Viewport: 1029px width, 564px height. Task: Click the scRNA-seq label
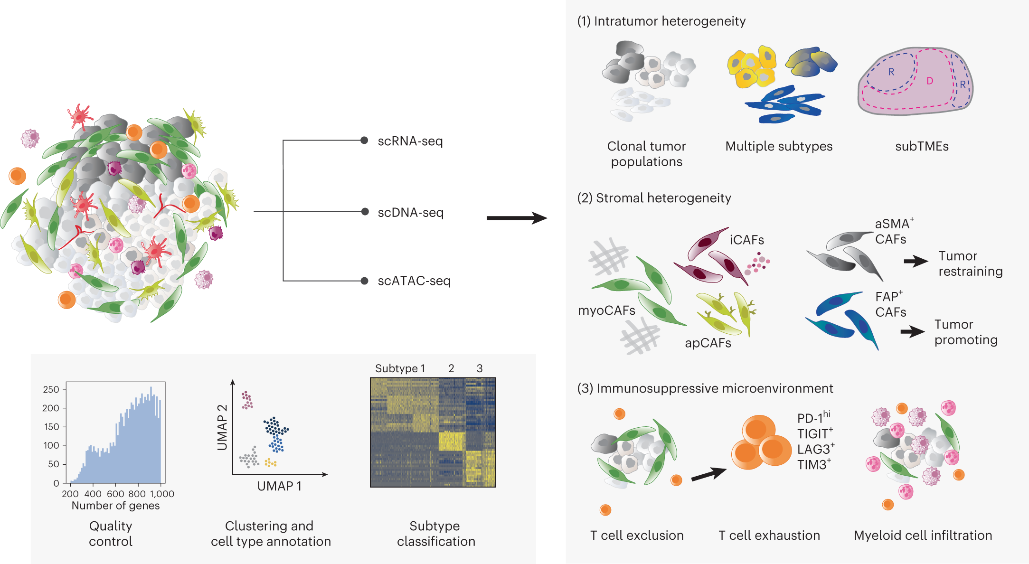410,141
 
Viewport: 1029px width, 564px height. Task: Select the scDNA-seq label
410,213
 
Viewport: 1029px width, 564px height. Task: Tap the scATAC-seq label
414,281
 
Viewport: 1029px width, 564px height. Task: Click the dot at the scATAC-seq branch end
364,281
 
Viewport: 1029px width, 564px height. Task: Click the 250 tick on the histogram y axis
51,389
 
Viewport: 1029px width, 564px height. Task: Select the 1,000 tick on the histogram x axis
162,494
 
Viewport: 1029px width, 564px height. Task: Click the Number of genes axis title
115,506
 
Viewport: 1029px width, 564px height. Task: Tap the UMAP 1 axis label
279,486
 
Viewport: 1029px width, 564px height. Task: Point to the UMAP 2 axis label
222,427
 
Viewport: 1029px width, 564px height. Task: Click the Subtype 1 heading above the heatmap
400,368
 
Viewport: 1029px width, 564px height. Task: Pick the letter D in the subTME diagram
930,81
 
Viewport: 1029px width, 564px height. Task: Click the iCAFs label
746,240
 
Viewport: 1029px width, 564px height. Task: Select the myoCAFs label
606,310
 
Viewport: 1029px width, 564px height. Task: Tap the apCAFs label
708,343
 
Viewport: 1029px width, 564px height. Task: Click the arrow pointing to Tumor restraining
916,261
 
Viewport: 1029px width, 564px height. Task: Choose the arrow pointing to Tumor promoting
913,331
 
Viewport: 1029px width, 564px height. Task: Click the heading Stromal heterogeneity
654,198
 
